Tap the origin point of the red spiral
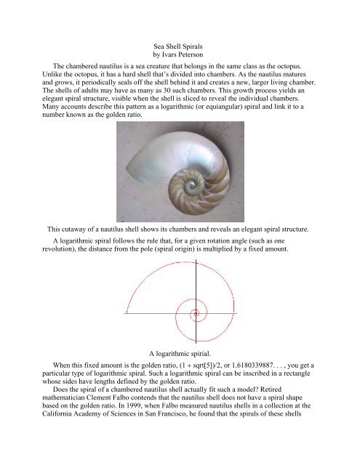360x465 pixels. [195, 334]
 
